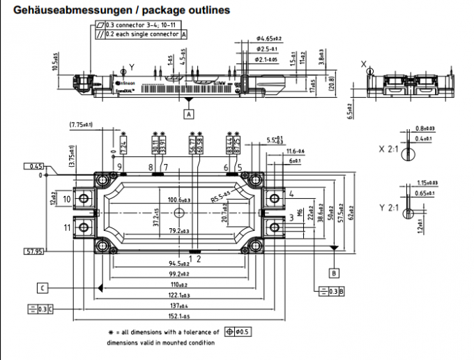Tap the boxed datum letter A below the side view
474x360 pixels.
[x=189, y=112]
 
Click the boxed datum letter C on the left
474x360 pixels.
[x=43, y=287]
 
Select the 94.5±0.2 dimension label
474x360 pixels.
[x=179, y=264]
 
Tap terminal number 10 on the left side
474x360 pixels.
[x=68, y=200]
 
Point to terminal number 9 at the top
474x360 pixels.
[x=120, y=167]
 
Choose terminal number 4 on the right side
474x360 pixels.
[x=291, y=193]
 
